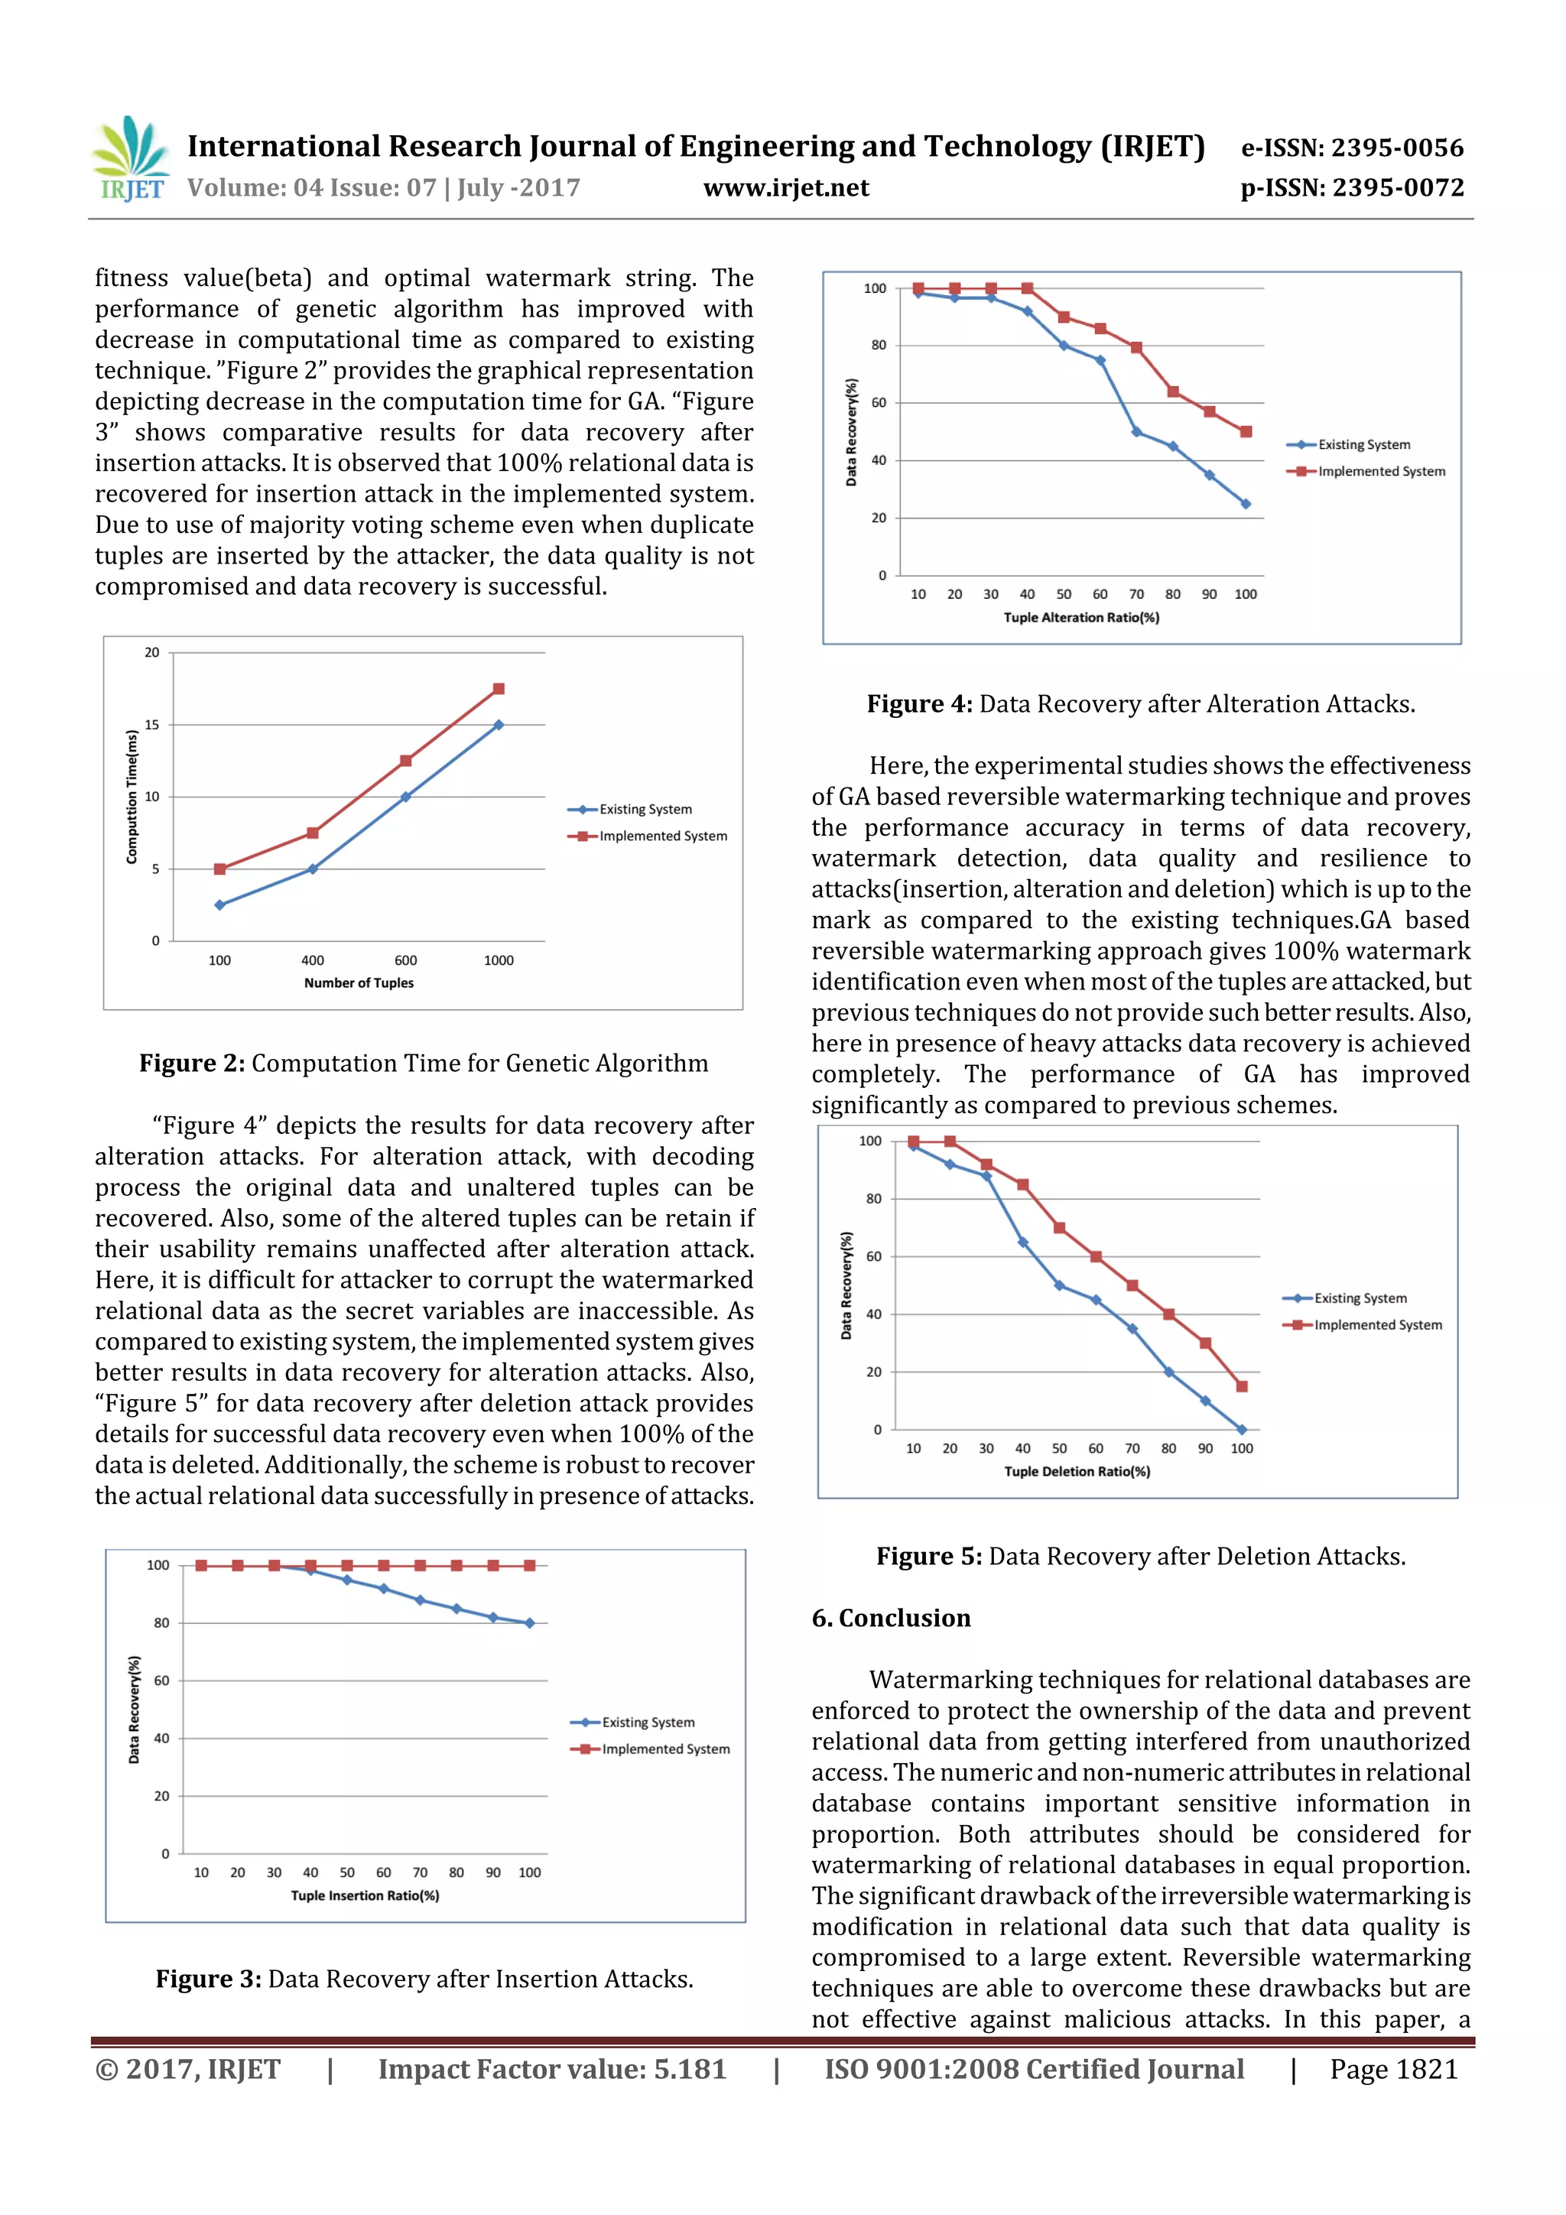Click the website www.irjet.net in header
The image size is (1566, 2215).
(785, 187)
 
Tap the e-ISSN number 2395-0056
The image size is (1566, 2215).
(1397, 148)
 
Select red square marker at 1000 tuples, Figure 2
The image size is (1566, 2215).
(499, 689)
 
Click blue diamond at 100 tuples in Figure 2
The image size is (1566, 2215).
(220, 905)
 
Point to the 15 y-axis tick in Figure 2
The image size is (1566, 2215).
(152, 725)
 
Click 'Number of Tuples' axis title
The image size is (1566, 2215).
(359, 983)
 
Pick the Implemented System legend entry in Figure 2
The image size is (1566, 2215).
(663, 836)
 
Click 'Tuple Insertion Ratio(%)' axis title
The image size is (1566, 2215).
(365, 1895)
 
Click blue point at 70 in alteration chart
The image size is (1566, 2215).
(1136, 432)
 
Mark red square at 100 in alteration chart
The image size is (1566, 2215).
(1246, 432)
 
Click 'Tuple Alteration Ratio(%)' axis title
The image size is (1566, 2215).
(1080, 618)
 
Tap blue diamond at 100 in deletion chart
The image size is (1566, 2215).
(1242, 1430)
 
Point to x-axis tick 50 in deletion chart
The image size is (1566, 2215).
(1060, 1448)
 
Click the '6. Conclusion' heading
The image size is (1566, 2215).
(891, 1618)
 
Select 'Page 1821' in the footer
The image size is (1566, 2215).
(1393, 2069)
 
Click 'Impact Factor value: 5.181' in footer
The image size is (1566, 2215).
(552, 2069)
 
